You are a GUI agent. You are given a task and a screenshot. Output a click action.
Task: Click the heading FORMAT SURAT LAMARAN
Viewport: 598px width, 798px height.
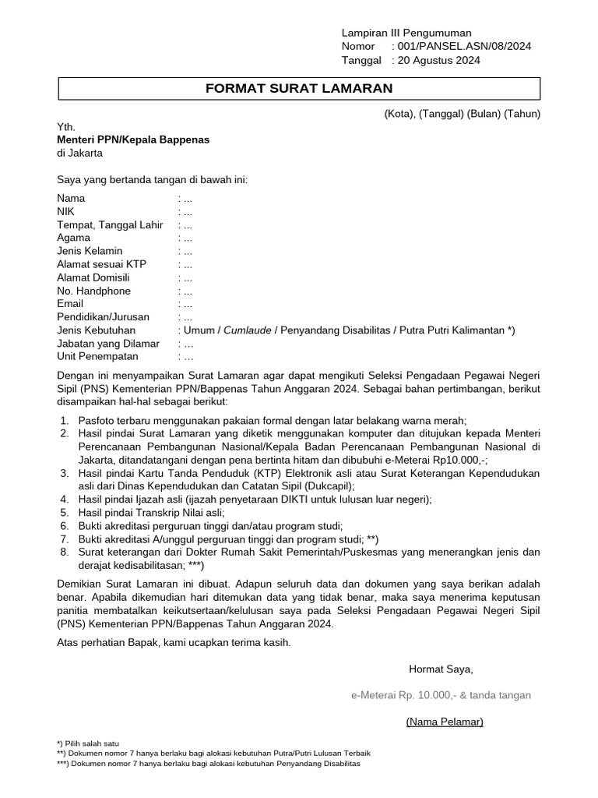299,89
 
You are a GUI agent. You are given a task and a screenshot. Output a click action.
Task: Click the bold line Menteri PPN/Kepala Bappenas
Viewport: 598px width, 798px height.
133,139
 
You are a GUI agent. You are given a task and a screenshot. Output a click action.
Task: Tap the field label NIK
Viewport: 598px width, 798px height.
66,211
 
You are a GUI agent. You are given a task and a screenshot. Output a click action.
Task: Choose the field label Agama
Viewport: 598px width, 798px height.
73,238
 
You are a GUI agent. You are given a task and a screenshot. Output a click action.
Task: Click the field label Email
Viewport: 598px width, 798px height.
70,304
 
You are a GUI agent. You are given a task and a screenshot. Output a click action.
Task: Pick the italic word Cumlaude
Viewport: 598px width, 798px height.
248,330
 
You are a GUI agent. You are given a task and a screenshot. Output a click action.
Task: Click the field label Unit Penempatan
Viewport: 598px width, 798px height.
97,357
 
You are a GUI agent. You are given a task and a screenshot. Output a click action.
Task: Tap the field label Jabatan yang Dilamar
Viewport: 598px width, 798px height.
108,344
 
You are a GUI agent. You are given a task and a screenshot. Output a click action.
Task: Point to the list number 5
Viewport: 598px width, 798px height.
63,513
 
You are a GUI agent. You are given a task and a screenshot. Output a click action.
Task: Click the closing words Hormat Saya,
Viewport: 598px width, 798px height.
441,669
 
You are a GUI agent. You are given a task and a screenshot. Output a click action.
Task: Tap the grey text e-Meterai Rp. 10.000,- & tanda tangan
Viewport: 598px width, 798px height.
441,695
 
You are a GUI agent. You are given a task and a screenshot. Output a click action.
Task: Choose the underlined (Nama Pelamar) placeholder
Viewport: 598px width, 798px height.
445,722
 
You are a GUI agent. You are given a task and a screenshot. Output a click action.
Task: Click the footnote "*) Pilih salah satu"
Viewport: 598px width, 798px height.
88,743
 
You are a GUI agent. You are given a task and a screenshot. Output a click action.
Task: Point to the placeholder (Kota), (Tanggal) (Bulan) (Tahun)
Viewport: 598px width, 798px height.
462,114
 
